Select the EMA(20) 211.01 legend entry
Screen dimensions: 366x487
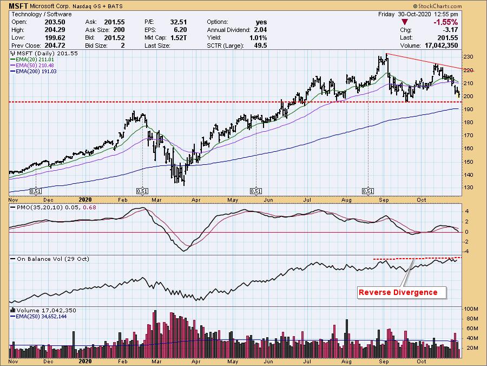pyautogui.click(x=30, y=60)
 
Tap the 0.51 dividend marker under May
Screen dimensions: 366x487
pyautogui.click(x=255, y=191)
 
